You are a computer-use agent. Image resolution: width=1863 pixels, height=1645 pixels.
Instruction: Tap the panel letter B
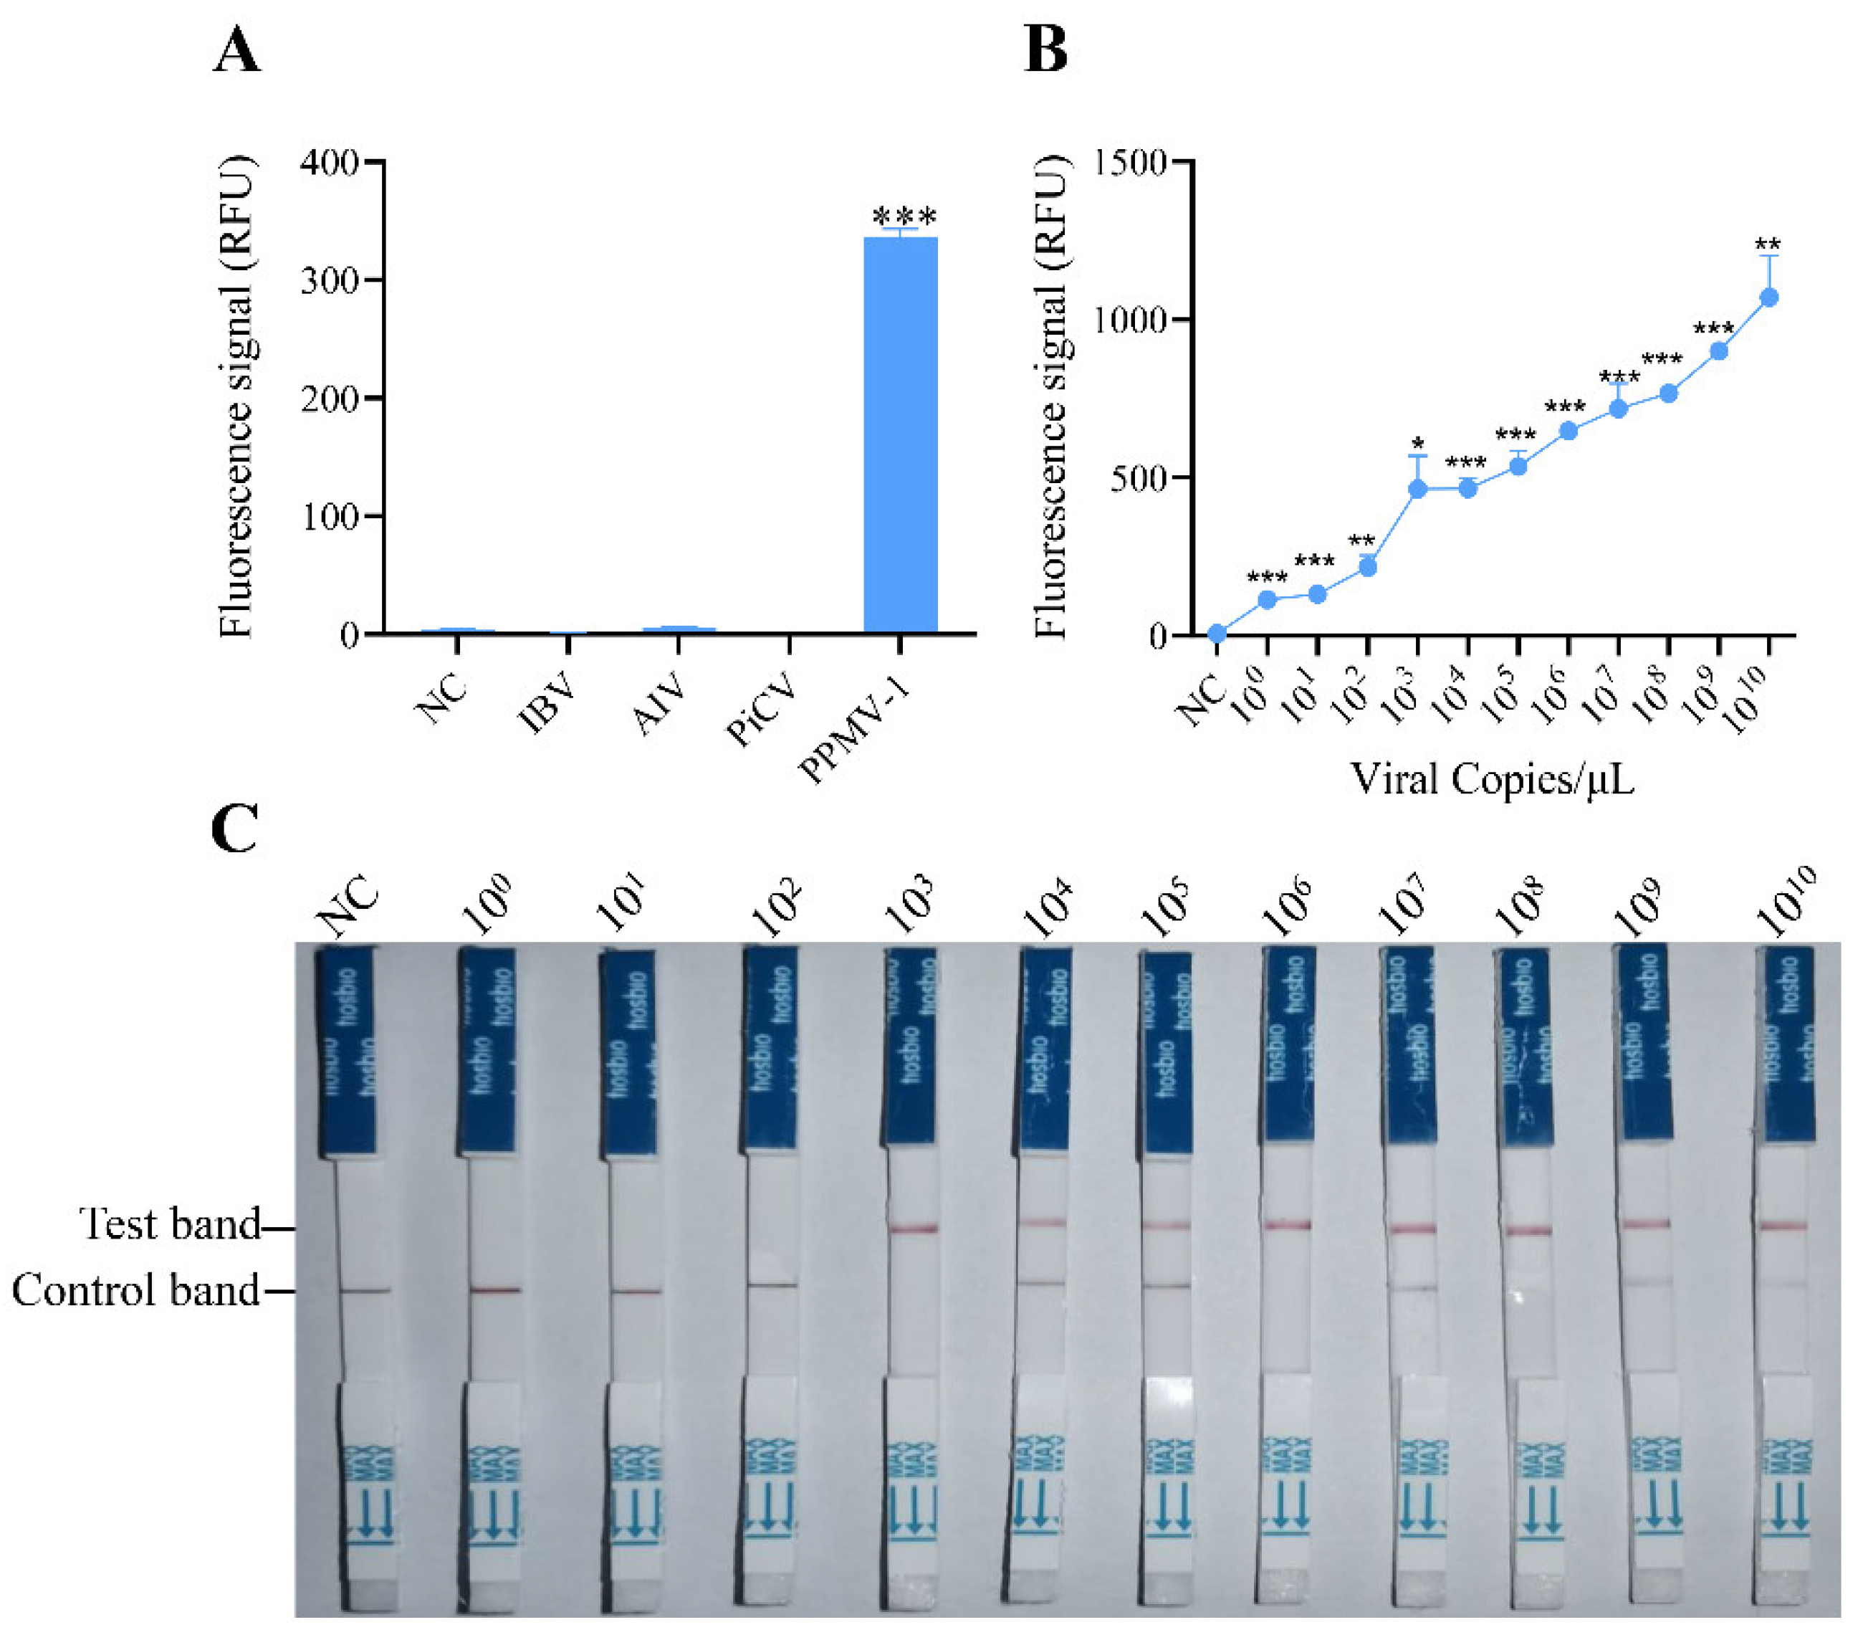(1045, 49)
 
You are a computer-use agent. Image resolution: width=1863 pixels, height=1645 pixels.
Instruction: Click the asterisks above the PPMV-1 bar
(904, 217)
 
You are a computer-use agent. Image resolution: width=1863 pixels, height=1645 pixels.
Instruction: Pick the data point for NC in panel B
(1216, 633)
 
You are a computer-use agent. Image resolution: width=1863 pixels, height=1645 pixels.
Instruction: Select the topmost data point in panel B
(1768, 297)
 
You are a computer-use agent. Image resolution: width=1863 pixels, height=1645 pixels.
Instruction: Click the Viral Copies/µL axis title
(1491, 780)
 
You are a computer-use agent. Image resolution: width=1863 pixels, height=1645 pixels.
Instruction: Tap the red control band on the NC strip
(365, 1290)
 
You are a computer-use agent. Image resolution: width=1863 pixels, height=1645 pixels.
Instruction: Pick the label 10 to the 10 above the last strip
(1787, 902)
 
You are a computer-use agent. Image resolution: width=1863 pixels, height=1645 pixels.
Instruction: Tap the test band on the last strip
(1783, 1226)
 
